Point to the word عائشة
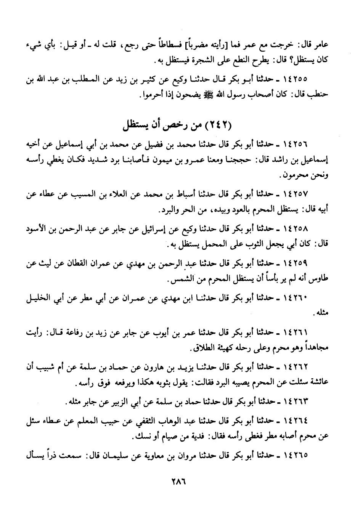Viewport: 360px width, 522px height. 318,382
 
